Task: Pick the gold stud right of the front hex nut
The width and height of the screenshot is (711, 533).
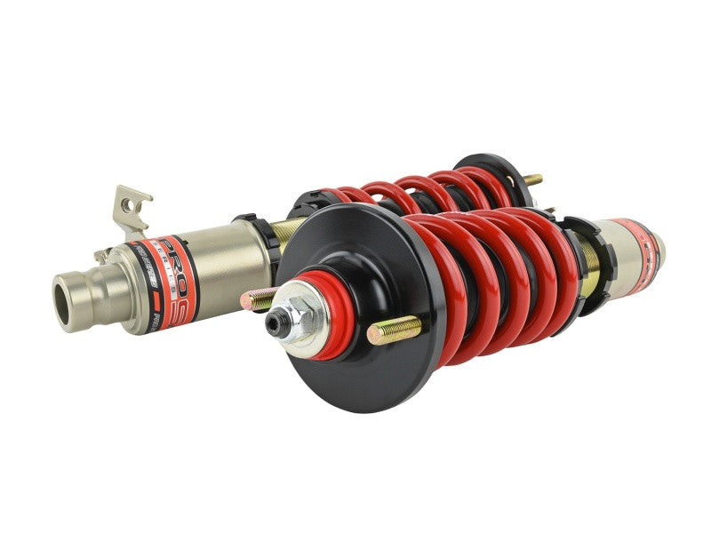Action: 392,330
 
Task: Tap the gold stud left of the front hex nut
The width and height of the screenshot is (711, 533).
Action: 257,299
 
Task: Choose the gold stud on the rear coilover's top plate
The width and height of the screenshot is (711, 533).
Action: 531,180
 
